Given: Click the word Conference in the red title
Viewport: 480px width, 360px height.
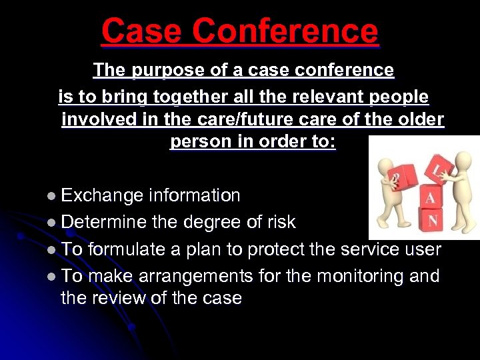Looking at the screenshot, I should (287, 31).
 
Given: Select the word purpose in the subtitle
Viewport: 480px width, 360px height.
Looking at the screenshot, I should (161, 70).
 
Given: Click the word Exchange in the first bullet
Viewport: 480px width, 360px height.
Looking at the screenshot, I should (102, 195).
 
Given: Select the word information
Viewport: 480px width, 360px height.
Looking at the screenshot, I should (195, 195).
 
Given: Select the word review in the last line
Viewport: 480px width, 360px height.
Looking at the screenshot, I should (128, 298).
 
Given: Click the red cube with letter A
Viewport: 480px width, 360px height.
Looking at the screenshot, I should (429, 194).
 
